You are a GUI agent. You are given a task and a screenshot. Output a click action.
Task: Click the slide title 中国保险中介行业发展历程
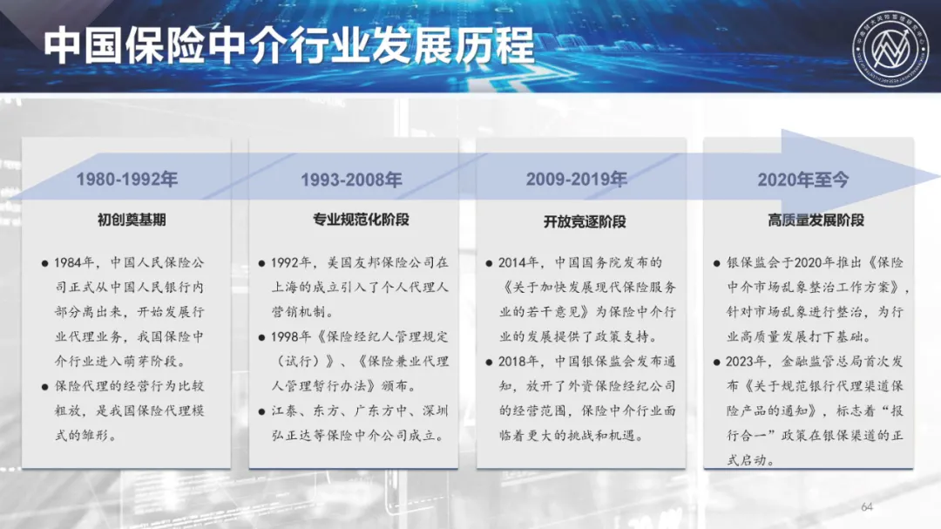[x=288, y=45]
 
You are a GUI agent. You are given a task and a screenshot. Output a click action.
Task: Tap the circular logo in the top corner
[x=890, y=49]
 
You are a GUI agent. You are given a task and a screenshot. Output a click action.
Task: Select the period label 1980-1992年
[x=126, y=179]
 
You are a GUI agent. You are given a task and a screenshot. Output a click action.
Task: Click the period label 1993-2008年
[x=352, y=180]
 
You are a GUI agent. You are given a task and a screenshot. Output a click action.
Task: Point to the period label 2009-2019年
[x=577, y=179]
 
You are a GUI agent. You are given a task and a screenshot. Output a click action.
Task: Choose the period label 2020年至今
[x=803, y=180]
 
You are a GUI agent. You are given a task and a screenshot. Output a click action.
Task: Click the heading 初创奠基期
[x=132, y=220]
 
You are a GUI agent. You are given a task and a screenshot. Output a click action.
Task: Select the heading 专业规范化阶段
[x=361, y=220]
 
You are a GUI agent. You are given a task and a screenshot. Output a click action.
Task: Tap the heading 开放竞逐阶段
[x=585, y=221]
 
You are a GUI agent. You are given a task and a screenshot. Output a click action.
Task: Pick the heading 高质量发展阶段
[x=816, y=220]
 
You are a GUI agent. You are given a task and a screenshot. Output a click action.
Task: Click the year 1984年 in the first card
[x=74, y=262]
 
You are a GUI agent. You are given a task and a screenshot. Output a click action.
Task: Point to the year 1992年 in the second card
[x=291, y=262]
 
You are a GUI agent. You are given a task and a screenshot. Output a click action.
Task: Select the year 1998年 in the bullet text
[x=291, y=337]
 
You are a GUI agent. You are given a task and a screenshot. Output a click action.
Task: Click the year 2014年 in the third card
[x=518, y=262]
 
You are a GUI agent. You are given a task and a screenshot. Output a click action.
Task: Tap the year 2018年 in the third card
[x=518, y=362]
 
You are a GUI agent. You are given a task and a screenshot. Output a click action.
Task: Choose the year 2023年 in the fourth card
[x=746, y=362]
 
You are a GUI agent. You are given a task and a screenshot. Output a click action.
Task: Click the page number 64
[x=867, y=507]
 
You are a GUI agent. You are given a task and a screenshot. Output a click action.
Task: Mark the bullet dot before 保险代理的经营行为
[x=45, y=387]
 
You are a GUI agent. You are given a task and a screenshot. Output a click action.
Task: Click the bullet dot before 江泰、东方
[x=261, y=411]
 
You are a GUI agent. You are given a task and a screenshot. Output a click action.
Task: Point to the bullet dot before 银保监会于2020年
[x=716, y=263]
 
